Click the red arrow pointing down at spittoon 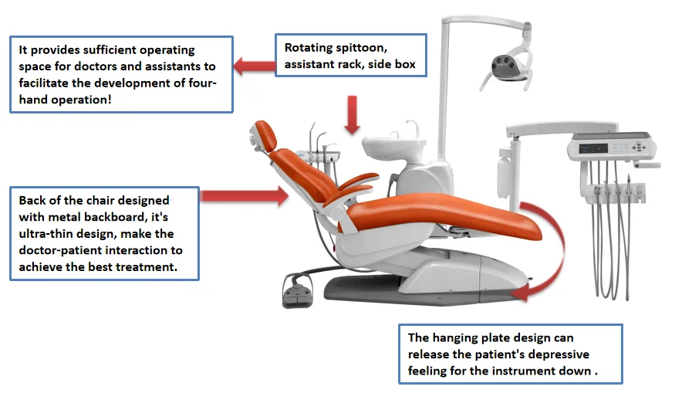tap(353, 115)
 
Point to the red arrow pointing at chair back tap(243, 197)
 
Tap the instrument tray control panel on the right tap(609, 145)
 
